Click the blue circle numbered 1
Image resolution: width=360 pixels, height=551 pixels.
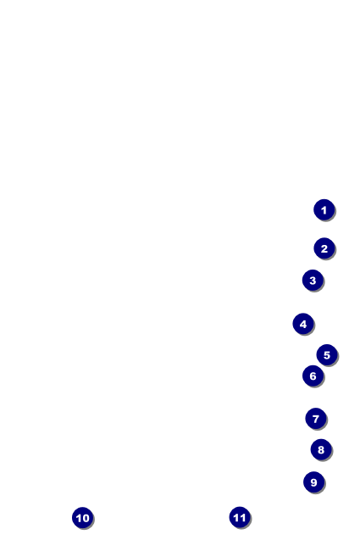(x=324, y=209)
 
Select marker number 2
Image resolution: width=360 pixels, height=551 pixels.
(x=324, y=248)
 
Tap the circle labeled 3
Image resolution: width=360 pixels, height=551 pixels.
(x=313, y=280)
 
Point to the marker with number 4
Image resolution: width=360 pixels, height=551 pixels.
(x=303, y=324)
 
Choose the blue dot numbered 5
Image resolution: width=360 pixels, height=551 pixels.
(x=327, y=354)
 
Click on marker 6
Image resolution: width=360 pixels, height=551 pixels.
(x=313, y=376)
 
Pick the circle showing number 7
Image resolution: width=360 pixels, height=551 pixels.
(x=316, y=419)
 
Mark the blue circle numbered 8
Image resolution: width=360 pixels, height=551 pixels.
(x=321, y=449)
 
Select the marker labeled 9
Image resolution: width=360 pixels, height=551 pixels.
(x=313, y=482)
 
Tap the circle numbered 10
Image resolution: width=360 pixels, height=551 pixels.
(x=82, y=518)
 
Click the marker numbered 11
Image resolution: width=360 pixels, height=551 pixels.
(x=240, y=517)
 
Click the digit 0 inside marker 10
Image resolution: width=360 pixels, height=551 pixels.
(x=86, y=518)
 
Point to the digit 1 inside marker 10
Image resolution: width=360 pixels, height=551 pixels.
(x=79, y=518)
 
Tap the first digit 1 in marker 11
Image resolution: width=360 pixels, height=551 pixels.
(x=236, y=518)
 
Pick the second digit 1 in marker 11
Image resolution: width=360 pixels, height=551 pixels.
(x=242, y=518)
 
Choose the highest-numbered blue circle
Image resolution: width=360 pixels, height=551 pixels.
(x=240, y=517)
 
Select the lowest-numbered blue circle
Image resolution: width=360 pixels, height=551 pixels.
(x=324, y=209)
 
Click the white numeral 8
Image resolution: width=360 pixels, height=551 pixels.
(x=321, y=450)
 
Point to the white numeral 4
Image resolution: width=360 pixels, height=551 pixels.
(x=303, y=324)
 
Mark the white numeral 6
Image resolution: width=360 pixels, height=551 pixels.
(x=313, y=376)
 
